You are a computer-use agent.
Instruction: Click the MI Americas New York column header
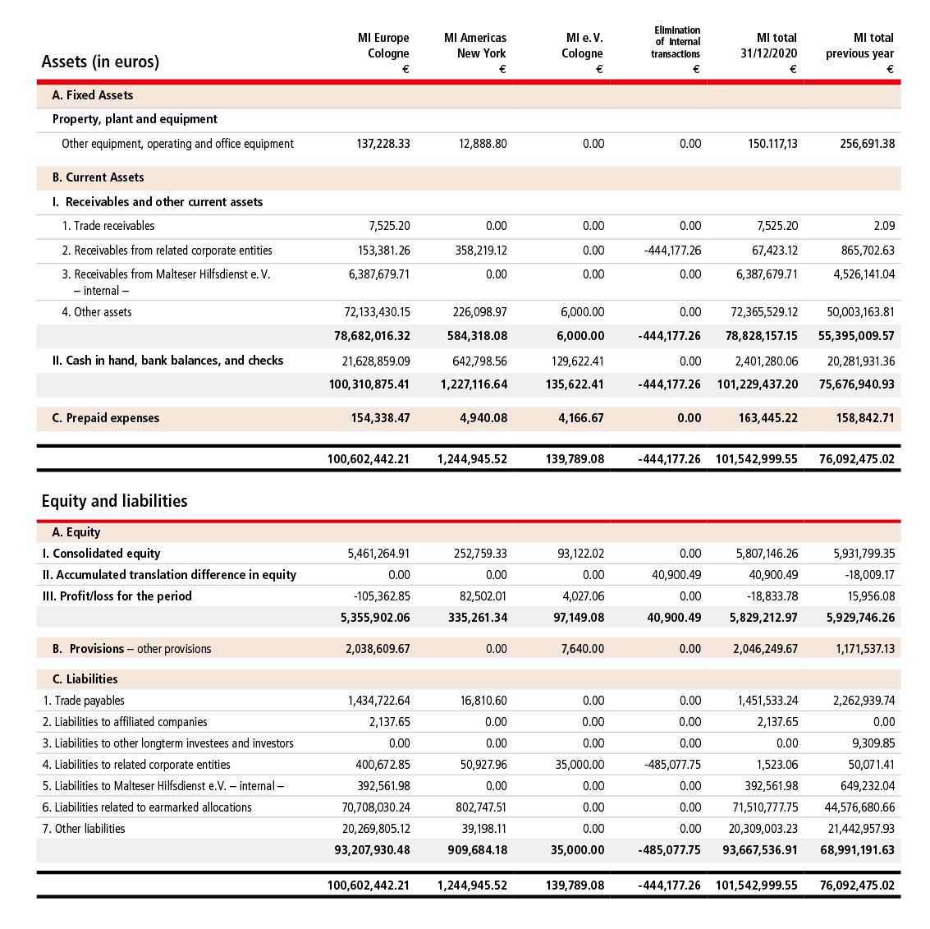click(x=475, y=45)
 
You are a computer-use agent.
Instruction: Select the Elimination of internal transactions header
click(x=676, y=42)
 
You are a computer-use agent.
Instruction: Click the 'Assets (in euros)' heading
click(x=100, y=62)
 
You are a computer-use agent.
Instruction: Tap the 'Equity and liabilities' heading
click(x=114, y=501)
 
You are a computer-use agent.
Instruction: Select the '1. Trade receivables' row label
click(x=108, y=226)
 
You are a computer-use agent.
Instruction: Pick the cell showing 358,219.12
click(x=481, y=251)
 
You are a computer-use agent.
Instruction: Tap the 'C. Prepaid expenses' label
click(x=105, y=418)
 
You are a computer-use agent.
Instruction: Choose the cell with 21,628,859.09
click(x=376, y=361)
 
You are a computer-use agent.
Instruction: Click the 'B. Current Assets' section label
click(x=98, y=177)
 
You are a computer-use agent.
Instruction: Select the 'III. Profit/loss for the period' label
click(x=117, y=596)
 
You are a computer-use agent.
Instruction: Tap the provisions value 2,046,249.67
click(x=765, y=649)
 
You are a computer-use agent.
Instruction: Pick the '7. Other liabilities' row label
click(x=84, y=829)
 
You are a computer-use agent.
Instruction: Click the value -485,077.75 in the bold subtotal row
click(x=670, y=850)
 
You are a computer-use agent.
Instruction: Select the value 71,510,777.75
click(x=763, y=807)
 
